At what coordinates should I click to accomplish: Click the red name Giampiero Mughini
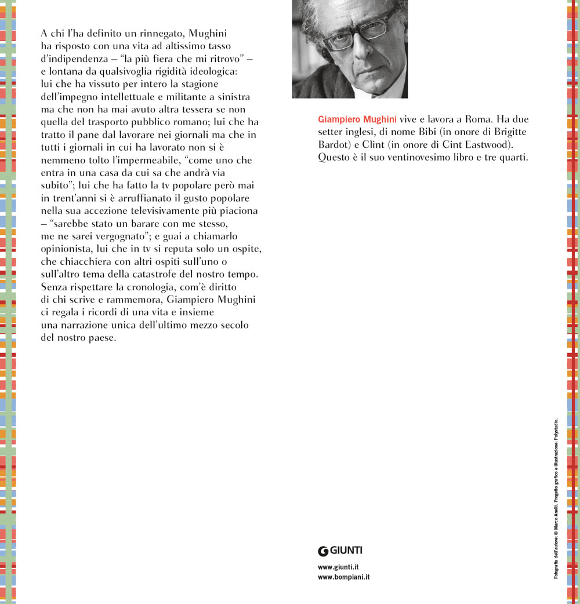point(357,119)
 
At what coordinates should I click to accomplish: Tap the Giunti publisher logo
point(340,551)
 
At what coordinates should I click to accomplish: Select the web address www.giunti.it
point(338,567)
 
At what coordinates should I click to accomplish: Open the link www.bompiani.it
point(344,577)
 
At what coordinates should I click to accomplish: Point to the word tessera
point(183,109)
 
